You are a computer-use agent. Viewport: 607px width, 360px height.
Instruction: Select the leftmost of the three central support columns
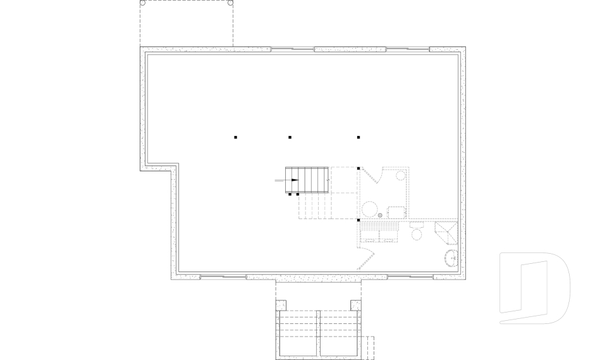pos(236,137)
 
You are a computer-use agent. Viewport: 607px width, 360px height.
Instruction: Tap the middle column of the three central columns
pos(290,137)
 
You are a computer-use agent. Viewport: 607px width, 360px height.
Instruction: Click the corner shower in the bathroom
pos(446,232)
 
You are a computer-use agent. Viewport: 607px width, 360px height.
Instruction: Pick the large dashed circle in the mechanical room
pos(369,209)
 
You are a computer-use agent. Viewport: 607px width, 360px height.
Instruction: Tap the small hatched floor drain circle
pos(380,216)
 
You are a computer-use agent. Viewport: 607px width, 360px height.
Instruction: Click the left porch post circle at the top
pos(143,3)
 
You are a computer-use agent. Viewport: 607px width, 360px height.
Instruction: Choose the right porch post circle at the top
pos(230,3)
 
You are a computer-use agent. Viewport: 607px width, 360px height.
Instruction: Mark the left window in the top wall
pos(292,48)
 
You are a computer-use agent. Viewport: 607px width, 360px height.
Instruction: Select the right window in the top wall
pos(408,48)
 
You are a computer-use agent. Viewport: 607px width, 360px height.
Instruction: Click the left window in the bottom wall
pos(223,276)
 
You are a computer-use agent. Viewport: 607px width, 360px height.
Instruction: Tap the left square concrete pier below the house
pos(282,305)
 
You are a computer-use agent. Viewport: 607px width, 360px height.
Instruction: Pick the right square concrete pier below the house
pos(355,305)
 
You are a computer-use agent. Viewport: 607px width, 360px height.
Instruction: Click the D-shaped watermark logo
pos(534,288)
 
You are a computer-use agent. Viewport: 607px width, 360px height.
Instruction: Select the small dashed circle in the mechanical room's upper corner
pos(401,176)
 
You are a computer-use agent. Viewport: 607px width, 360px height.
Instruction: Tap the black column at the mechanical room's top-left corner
pos(359,168)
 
